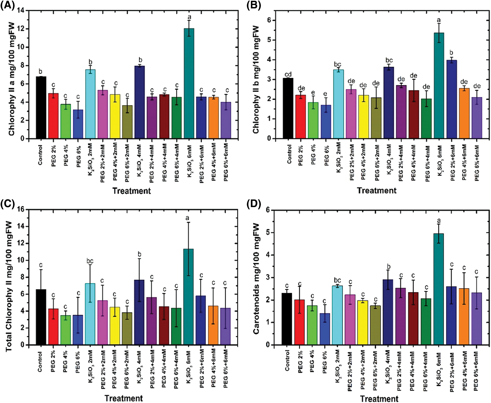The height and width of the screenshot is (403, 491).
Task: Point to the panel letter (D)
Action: pyautogui.click(x=254, y=204)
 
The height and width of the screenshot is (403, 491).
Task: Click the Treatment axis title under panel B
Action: pyautogui.click(x=377, y=191)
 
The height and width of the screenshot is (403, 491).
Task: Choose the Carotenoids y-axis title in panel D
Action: pyautogui.click(x=256, y=279)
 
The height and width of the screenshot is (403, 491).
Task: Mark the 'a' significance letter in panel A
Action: pyautogui.click(x=189, y=17)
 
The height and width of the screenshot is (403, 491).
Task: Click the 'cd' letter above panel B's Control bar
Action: pyautogui.click(x=288, y=74)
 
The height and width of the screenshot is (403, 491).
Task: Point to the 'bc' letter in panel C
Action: pyautogui.click(x=90, y=261)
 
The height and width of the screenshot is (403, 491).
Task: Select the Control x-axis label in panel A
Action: pyautogui.click(x=40, y=155)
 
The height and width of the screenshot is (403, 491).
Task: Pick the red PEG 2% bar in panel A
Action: pyautogui.click(x=53, y=116)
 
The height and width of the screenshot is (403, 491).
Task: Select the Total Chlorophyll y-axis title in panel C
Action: pyautogui.click(x=9, y=286)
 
